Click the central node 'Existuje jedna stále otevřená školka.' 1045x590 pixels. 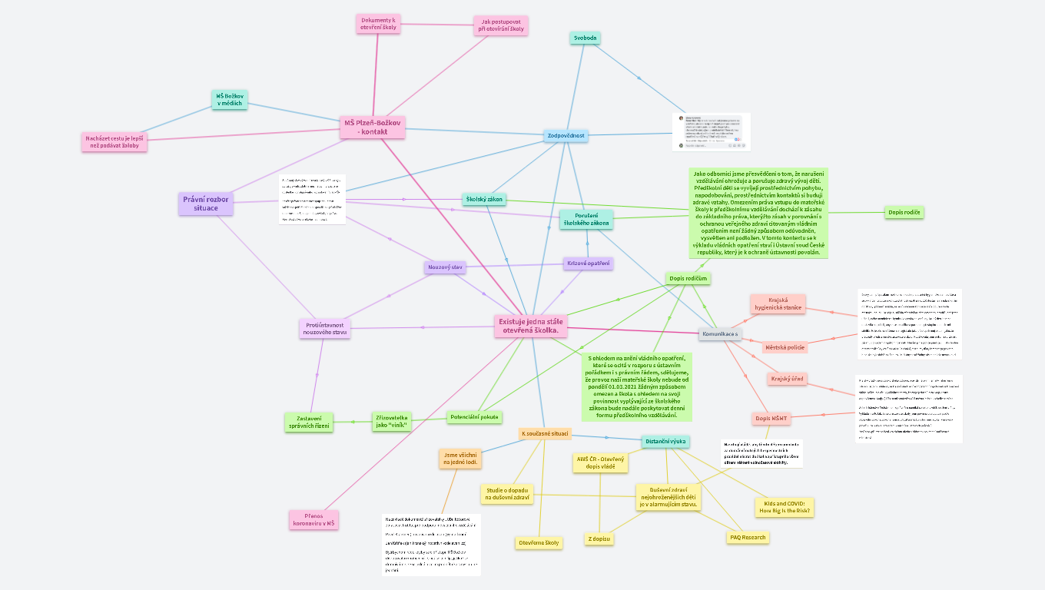(x=532, y=326)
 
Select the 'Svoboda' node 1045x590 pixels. (x=586, y=38)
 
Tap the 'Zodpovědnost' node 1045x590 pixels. (x=566, y=136)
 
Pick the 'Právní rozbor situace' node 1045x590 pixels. (x=206, y=204)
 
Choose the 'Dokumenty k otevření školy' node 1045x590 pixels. (x=378, y=24)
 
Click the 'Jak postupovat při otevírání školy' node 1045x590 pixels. (x=501, y=25)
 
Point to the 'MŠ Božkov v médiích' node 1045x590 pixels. (x=229, y=99)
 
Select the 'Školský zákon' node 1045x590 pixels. (x=484, y=200)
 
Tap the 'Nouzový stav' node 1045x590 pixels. (x=445, y=267)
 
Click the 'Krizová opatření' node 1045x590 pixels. (x=588, y=264)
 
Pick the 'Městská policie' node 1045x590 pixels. (x=785, y=347)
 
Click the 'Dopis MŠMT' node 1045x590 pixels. (x=771, y=419)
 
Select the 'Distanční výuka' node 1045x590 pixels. (x=665, y=441)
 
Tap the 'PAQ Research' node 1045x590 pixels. (x=747, y=537)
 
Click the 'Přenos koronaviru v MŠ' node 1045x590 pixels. (x=313, y=520)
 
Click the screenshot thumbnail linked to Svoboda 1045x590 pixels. (x=711, y=132)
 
